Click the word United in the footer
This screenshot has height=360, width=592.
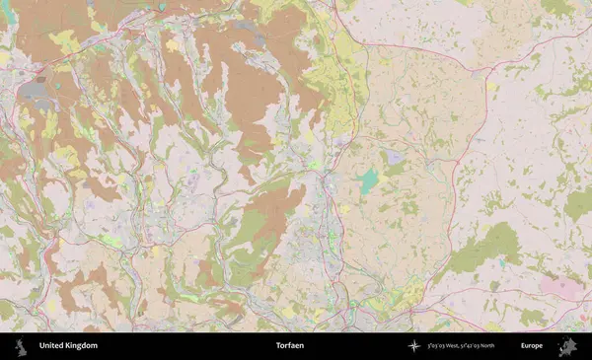click(51, 346)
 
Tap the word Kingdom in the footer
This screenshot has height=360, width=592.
click(81, 346)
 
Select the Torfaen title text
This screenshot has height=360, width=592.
click(289, 346)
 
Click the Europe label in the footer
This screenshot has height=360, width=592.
click(531, 346)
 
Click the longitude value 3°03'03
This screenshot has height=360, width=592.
click(436, 346)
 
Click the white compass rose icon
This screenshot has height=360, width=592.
click(413, 346)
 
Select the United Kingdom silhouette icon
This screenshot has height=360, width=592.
click(21, 346)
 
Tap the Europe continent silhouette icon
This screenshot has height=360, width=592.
click(566, 346)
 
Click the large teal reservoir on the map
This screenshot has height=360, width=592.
click(368, 180)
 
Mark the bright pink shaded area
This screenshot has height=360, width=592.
click(559, 287)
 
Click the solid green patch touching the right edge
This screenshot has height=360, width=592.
click(579, 204)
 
